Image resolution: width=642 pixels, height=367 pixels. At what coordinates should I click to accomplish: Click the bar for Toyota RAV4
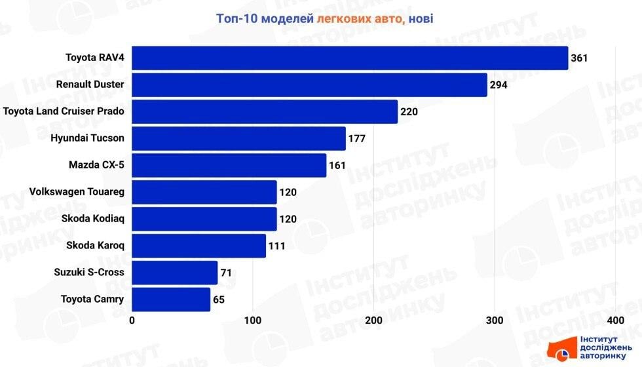pos(350,58)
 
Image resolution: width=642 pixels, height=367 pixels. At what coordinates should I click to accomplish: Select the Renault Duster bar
pos(309,85)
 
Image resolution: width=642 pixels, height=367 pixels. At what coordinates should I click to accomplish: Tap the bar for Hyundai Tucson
pos(238,138)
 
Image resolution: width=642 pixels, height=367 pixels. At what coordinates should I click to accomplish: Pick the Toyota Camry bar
pos(171,299)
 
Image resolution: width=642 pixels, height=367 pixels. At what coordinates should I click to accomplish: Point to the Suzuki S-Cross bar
pos(174,273)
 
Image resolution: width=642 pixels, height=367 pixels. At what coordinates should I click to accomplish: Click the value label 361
pos(580,58)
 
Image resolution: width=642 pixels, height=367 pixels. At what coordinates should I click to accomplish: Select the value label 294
pos(499,85)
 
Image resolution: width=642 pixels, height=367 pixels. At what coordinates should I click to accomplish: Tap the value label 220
pos(409,111)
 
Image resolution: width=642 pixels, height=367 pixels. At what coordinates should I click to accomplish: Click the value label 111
pos(276,246)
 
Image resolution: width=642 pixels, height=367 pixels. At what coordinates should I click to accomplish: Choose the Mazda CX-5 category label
pos(96,165)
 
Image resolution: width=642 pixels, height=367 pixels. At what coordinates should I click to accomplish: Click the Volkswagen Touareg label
pos(77,192)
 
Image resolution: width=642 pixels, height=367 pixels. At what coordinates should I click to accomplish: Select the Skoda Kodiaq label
pos(92,219)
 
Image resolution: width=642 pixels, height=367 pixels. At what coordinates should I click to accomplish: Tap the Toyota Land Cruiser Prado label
pos(64,111)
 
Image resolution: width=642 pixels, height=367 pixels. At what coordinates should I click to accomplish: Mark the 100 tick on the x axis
pos(253,320)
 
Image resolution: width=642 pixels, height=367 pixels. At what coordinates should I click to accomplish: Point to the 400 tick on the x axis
pos(615,320)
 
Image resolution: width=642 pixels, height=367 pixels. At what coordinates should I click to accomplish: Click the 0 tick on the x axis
pos(132,320)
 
